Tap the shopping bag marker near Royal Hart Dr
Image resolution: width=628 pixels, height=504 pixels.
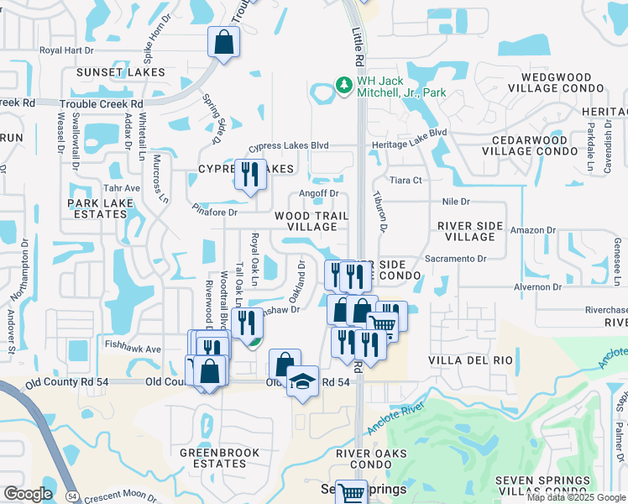click(x=224, y=42)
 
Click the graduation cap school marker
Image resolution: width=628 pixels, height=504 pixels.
click(x=302, y=381)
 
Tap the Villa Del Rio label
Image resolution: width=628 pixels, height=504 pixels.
click(x=469, y=360)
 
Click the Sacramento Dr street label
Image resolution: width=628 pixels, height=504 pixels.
click(x=456, y=259)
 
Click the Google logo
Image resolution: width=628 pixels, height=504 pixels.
click(x=29, y=494)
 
